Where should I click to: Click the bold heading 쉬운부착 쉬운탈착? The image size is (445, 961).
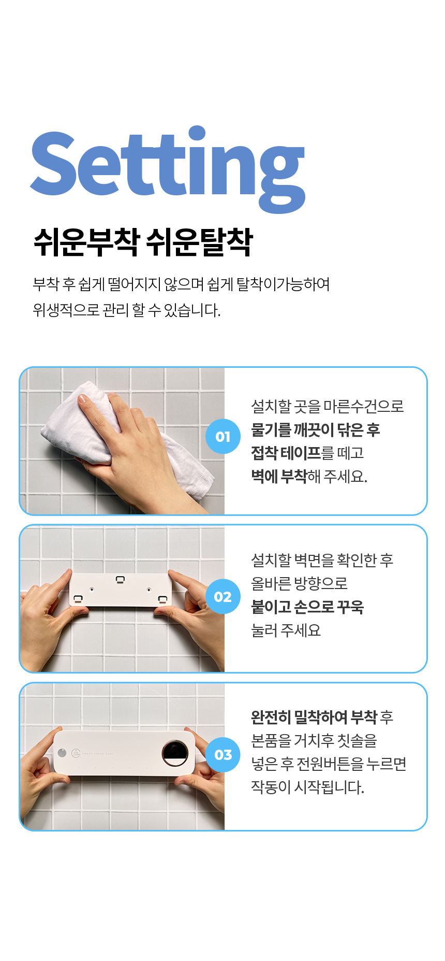click(143, 242)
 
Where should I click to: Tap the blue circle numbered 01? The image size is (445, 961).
click(223, 436)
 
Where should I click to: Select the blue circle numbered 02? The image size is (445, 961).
click(223, 596)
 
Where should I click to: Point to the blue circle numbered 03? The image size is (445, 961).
click(223, 754)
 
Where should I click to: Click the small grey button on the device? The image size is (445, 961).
click(62, 753)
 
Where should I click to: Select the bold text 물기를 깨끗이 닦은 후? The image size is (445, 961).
click(316, 429)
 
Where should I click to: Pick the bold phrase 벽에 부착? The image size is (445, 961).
click(279, 476)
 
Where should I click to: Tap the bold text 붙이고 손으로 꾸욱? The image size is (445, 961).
click(307, 607)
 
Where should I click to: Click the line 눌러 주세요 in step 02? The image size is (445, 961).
click(286, 630)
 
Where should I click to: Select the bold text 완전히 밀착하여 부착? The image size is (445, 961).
click(314, 717)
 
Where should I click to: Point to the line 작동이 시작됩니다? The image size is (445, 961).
click(308, 787)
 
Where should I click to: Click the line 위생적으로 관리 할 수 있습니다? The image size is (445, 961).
click(127, 310)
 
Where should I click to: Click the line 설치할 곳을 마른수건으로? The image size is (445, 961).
click(328, 406)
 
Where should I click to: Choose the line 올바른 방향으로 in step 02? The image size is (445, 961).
click(299, 583)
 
